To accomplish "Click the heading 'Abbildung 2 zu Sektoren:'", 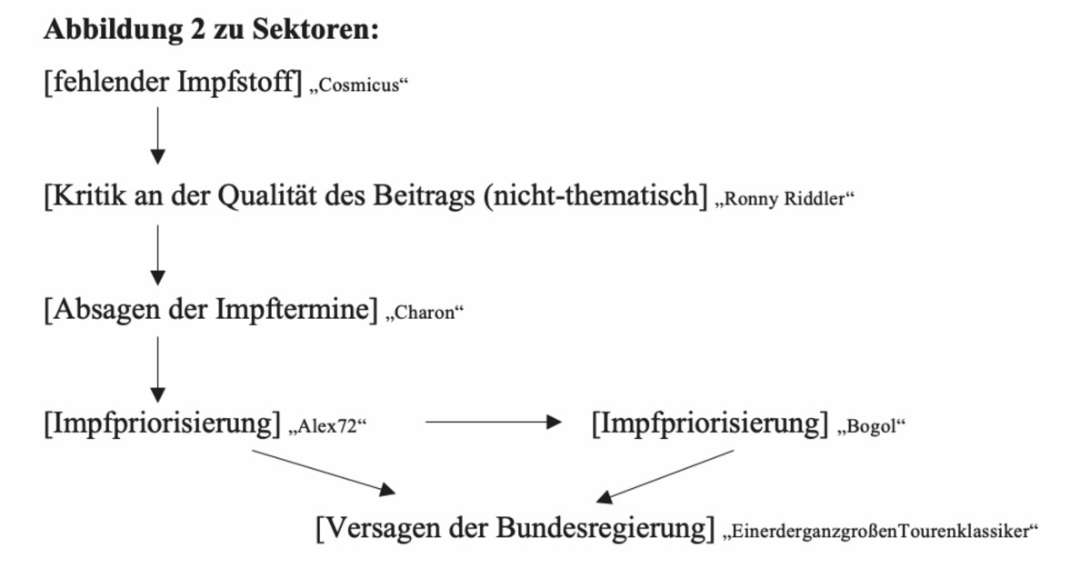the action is coord(211,30).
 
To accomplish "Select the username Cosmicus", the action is coord(359,85).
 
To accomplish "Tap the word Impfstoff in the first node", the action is coord(240,82).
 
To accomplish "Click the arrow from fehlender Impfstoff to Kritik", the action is coord(157,135).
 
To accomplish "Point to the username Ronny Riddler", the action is coord(785,199).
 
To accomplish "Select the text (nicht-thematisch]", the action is coord(596,195).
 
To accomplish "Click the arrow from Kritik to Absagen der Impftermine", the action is coord(157,255).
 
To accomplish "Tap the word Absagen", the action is coord(106,310).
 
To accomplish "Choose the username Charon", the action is coord(425,313).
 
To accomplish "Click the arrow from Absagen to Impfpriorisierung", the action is coord(157,369).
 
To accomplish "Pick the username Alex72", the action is coord(327,426).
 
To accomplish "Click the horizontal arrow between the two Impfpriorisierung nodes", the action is coord(494,422).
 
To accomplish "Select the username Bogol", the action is coord(871,426).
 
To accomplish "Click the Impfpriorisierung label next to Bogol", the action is coord(710,424).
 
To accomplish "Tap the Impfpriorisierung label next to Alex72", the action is coord(163,424).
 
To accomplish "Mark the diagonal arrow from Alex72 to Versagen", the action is coord(324,472).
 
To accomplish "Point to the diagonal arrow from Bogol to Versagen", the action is coord(665,476).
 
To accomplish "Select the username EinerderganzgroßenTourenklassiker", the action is coord(881,532).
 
